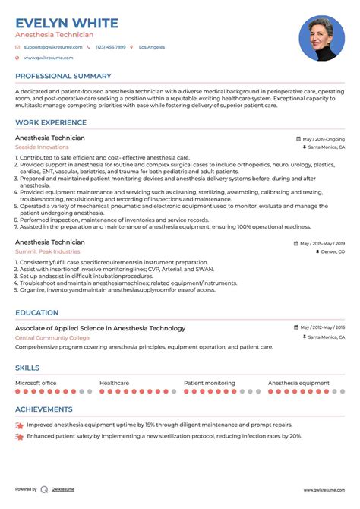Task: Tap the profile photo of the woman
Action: click(x=322, y=39)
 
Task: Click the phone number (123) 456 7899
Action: click(x=110, y=47)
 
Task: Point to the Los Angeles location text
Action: click(x=152, y=47)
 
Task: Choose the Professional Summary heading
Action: click(x=63, y=76)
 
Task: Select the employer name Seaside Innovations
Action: click(x=42, y=147)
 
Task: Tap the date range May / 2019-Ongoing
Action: click(x=323, y=139)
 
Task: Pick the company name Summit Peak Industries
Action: click(x=47, y=251)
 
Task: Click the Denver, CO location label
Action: click(x=333, y=251)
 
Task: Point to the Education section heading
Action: click(x=36, y=312)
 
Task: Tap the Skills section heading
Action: click(x=29, y=368)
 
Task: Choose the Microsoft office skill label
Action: click(x=36, y=383)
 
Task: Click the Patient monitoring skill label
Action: click(x=210, y=383)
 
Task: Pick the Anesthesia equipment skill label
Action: click(x=298, y=383)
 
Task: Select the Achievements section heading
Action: click(x=45, y=409)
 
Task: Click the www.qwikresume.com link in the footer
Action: click(x=324, y=490)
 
